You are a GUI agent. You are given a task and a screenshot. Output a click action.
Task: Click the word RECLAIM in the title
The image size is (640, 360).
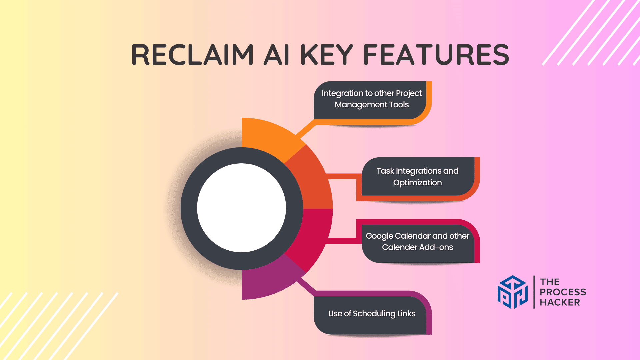point(193,55)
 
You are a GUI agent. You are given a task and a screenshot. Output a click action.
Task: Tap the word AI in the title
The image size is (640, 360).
point(276,55)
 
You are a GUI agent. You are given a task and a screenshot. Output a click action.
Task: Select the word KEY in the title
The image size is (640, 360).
point(327,55)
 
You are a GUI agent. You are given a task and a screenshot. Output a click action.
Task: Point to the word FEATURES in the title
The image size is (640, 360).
point(436,55)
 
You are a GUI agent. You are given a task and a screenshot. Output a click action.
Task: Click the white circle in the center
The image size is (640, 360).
point(242,208)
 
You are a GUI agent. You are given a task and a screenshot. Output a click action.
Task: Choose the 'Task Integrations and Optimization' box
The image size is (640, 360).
point(418,177)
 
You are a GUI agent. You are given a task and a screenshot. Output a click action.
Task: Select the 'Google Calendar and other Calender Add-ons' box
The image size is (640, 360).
point(418,241)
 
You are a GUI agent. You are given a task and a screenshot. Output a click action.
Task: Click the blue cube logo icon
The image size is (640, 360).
point(513,292)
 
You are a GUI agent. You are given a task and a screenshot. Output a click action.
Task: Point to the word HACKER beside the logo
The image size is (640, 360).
point(560,302)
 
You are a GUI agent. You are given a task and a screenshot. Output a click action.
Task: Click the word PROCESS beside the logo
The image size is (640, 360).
point(563,292)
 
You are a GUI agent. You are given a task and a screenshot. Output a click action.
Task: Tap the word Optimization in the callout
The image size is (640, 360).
point(418,183)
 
